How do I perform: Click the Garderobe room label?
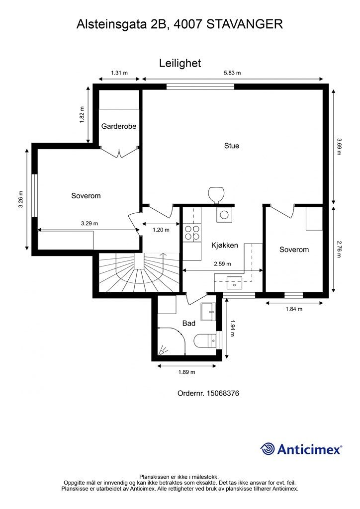coord(118,126)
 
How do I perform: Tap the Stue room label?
coord(231,146)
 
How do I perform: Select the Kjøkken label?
coord(225,246)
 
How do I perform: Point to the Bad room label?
coord(188,323)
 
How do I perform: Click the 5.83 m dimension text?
coord(232,73)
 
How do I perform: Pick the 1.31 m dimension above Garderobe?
coord(119,73)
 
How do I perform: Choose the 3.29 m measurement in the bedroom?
coord(90,223)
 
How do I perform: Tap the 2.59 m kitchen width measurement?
coord(222,264)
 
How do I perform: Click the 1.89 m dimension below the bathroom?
coord(186,372)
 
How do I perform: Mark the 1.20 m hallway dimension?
coord(161,230)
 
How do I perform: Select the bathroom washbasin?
coord(208,312)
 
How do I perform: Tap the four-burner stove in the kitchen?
coord(192,233)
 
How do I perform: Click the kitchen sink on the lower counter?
coord(234,282)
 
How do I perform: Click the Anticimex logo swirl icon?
coord(268,449)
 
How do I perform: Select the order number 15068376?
coord(223,394)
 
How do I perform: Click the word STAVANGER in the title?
coord(245,24)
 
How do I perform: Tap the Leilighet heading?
coord(180,63)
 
